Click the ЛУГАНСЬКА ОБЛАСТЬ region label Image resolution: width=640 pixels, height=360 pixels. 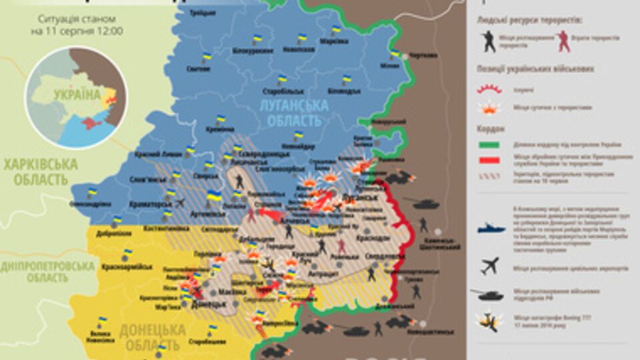tap(295, 112)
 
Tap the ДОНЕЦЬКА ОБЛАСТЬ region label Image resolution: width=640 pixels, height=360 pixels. tap(152, 337)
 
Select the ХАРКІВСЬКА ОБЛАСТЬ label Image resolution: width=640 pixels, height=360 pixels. tap(39, 171)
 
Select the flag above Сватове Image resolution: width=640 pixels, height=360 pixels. tap(207, 58)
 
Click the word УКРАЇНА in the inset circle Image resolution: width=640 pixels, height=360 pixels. tap(77, 95)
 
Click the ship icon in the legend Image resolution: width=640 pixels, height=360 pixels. tap(491, 229)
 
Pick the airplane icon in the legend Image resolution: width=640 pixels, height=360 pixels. tap(491, 266)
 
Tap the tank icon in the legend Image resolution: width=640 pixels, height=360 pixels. tap(491, 291)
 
